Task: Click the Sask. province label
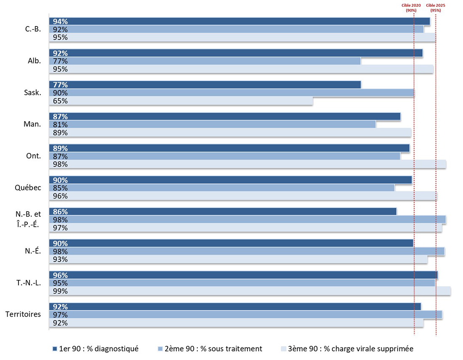coord(32,93)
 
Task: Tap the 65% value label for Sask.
coord(60,101)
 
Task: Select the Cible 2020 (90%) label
coord(411,8)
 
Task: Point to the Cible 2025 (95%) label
coord(436,8)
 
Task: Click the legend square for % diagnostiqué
coord(55,349)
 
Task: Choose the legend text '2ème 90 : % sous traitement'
coord(213,349)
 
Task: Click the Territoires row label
coord(23,314)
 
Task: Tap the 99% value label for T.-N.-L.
coord(60,291)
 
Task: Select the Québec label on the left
coord(28,188)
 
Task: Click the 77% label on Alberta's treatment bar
coord(60,61)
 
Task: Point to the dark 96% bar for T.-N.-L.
coord(243,275)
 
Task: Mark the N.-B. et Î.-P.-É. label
coord(28,219)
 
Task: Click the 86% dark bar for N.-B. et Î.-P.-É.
coord(223,212)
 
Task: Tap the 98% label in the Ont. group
coord(60,164)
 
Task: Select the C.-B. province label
coord(33,29)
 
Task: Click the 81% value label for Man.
coord(60,124)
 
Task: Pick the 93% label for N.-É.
coord(60,259)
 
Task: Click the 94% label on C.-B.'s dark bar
coord(60,21)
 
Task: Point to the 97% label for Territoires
coord(60,315)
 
